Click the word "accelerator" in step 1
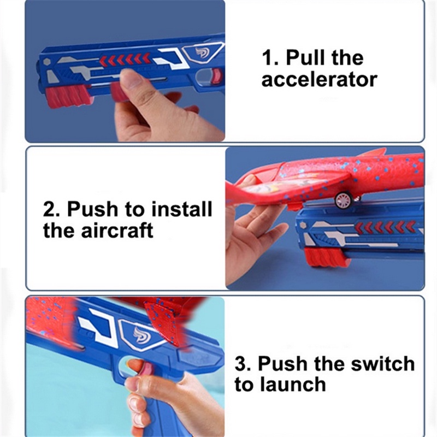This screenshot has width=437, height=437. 319,80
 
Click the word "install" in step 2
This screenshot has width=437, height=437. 180,209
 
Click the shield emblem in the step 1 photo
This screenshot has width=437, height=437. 202,53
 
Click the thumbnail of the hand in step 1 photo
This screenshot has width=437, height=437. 129,81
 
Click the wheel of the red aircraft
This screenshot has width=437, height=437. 342,200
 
